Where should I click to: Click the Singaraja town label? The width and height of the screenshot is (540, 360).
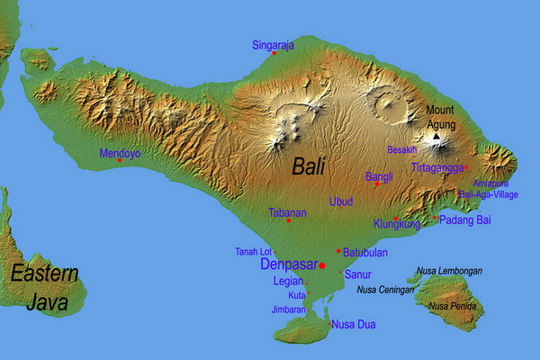pyautogui.click(x=273, y=44)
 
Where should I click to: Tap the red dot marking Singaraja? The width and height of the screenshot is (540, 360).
pyautogui.click(x=274, y=53)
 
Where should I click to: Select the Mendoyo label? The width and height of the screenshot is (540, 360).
pyautogui.click(x=120, y=153)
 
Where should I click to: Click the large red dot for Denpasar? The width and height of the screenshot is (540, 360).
pyautogui.click(x=322, y=265)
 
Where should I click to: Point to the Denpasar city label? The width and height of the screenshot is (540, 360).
pyautogui.click(x=288, y=265)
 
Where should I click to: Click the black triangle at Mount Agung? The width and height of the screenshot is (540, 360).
pyautogui.click(x=436, y=137)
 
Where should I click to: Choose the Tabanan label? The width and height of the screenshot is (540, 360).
pyautogui.click(x=288, y=213)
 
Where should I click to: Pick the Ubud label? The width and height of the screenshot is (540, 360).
pyautogui.click(x=341, y=202)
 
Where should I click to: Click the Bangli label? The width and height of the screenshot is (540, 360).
pyautogui.click(x=379, y=177)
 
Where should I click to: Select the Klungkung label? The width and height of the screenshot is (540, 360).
pyautogui.click(x=396, y=224)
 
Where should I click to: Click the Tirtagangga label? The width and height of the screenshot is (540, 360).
pyautogui.click(x=437, y=167)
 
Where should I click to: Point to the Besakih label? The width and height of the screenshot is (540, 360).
pyautogui.click(x=401, y=150)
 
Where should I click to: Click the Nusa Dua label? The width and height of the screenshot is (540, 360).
pyautogui.click(x=354, y=324)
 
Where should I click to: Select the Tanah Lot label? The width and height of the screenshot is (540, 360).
pyautogui.click(x=253, y=251)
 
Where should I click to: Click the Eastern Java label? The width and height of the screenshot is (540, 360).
pyautogui.click(x=45, y=288)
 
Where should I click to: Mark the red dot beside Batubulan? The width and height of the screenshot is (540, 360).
pyautogui.click(x=337, y=251)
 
